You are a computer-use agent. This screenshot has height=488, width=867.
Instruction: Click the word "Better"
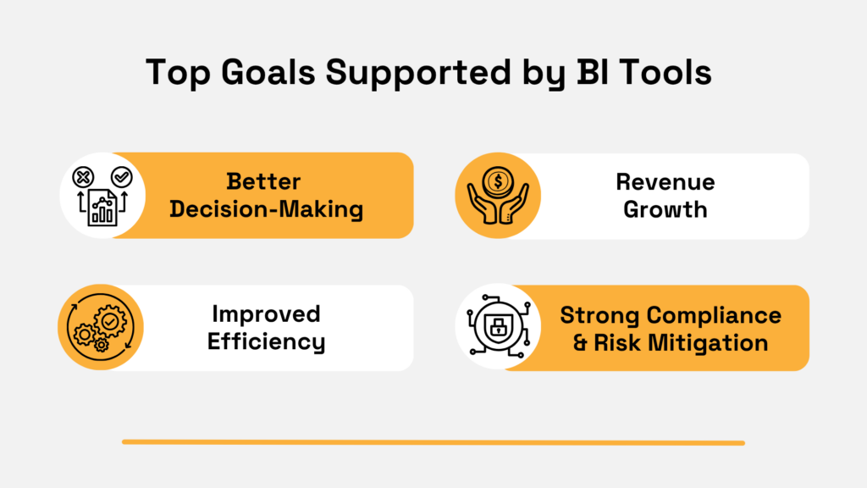click(264, 182)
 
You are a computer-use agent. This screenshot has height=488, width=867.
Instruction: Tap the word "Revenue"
click(665, 182)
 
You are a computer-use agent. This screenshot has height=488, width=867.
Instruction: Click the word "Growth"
click(665, 209)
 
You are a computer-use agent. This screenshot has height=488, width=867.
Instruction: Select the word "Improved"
click(266, 314)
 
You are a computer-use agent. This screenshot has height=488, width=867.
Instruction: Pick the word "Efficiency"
click(266, 341)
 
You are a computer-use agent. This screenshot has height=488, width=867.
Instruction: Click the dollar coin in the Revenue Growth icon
click(498, 180)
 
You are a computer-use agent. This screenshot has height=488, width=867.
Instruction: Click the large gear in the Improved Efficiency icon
click(111, 320)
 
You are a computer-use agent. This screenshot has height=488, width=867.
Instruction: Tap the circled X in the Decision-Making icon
click(83, 176)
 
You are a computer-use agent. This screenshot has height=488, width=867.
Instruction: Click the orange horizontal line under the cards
click(433, 442)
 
